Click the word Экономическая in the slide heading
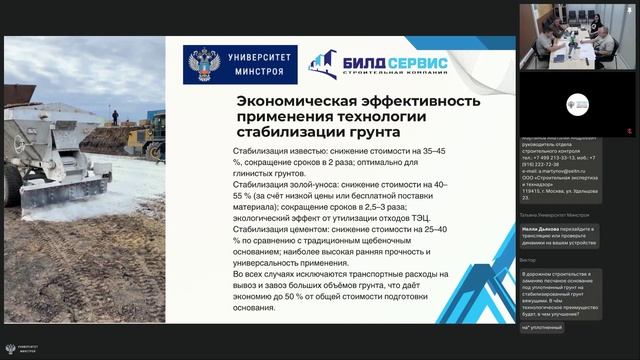[294, 101]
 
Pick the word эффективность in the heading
[419, 101]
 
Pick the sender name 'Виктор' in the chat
[528, 260]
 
